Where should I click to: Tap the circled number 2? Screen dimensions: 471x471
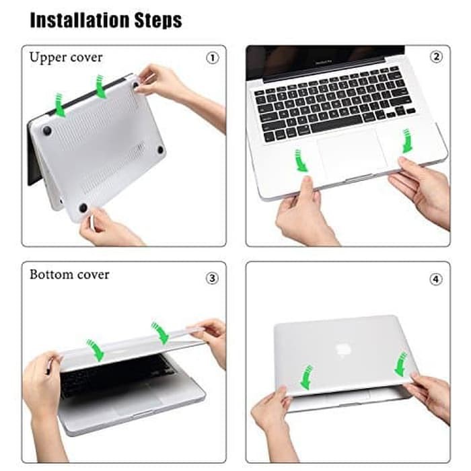click(x=437, y=57)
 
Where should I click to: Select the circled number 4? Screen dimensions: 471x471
click(x=436, y=278)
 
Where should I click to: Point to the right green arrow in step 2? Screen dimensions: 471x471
click(x=407, y=141)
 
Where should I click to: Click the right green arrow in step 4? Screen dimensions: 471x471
click(x=401, y=364)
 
